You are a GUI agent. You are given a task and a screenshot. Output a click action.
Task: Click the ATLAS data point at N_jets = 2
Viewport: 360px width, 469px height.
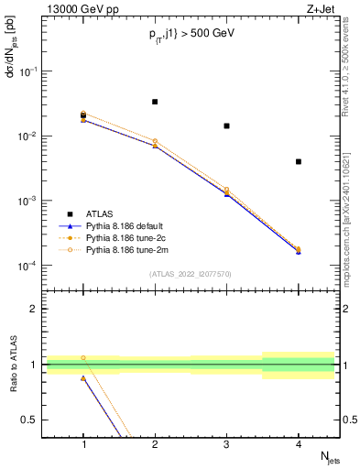coord(155,102)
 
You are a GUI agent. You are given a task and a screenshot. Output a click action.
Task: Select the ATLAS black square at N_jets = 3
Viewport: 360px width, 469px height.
coord(226,125)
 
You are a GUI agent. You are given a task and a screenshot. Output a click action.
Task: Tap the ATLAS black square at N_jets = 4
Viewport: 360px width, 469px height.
coord(299,162)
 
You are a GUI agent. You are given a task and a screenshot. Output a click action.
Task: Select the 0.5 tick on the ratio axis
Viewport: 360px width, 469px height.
coord(34,420)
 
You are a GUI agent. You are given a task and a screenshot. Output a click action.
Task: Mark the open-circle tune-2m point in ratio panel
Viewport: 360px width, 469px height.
coord(83,358)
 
